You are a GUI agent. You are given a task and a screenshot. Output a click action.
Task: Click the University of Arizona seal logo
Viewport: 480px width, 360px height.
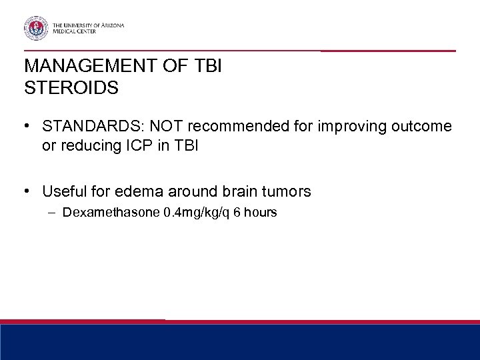35,27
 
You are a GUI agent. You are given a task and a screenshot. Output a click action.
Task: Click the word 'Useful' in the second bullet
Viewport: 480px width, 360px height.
63,192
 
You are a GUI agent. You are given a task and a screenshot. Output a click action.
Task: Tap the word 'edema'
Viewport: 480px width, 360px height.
137,192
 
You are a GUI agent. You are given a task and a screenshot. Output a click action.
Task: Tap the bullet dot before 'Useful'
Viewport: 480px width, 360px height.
27,192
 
